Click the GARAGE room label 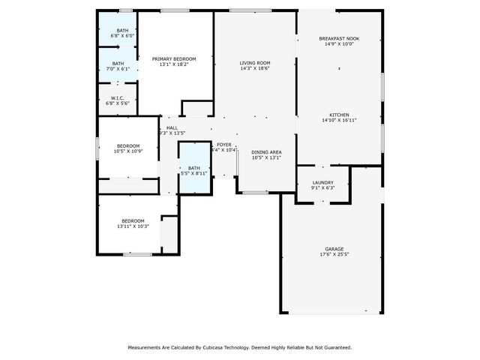pyautogui.click(x=334, y=249)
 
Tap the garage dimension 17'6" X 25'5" pyautogui.click(x=334, y=254)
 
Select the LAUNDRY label pyautogui.click(x=323, y=182)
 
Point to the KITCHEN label pyautogui.click(x=339, y=115)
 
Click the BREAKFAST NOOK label pyautogui.click(x=339, y=38)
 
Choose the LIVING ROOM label pyautogui.click(x=255, y=63)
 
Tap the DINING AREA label pyautogui.click(x=266, y=152)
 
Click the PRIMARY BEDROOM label pyautogui.click(x=174, y=58)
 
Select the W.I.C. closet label pyautogui.click(x=117, y=97)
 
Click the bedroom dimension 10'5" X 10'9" pyautogui.click(x=128, y=151)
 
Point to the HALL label pyautogui.click(x=172, y=127)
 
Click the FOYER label pyautogui.click(x=224, y=144)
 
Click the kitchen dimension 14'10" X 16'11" pyautogui.click(x=339, y=120)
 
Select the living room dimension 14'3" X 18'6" pyautogui.click(x=255, y=68)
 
